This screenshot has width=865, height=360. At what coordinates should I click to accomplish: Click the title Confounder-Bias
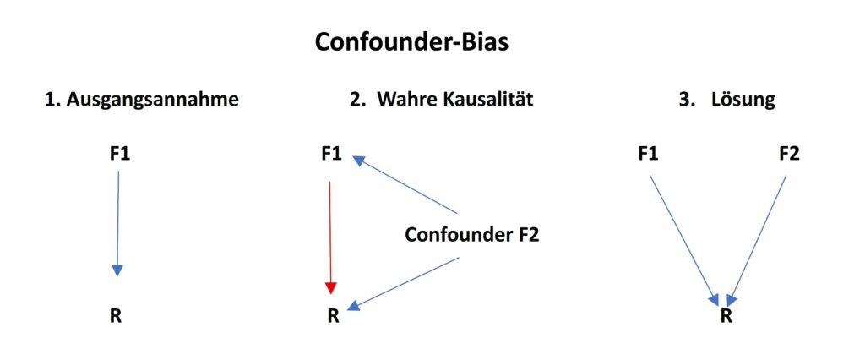(x=411, y=42)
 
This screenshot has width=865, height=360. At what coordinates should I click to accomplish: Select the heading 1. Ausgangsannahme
(x=142, y=100)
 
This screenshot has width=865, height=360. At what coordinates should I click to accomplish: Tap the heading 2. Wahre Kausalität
(x=441, y=100)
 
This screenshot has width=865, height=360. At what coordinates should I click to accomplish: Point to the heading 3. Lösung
(x=726, y=100)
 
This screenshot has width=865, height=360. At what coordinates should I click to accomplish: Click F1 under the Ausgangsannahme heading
(x=119, y=154)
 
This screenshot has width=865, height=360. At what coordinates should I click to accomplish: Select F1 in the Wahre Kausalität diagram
(x=332, y=154)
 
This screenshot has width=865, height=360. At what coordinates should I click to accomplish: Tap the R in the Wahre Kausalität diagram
(x=333, y=317)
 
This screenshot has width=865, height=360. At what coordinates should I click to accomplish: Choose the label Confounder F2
(x=471, y=235)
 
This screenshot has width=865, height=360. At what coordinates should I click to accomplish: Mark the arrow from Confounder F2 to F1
(x=405, y=185)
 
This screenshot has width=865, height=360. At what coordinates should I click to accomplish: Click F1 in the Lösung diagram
(x=648, y=154)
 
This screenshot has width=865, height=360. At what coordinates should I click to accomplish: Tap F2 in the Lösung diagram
(x=788, y=154)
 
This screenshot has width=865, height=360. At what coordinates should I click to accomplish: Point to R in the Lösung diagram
(x=726, y=317)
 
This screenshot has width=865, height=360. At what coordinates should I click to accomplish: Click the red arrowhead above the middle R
(x=331, y=287)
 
